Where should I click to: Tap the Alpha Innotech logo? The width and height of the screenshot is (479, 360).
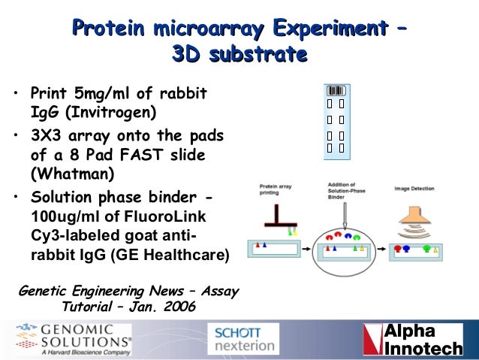(x=412, y=340)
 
